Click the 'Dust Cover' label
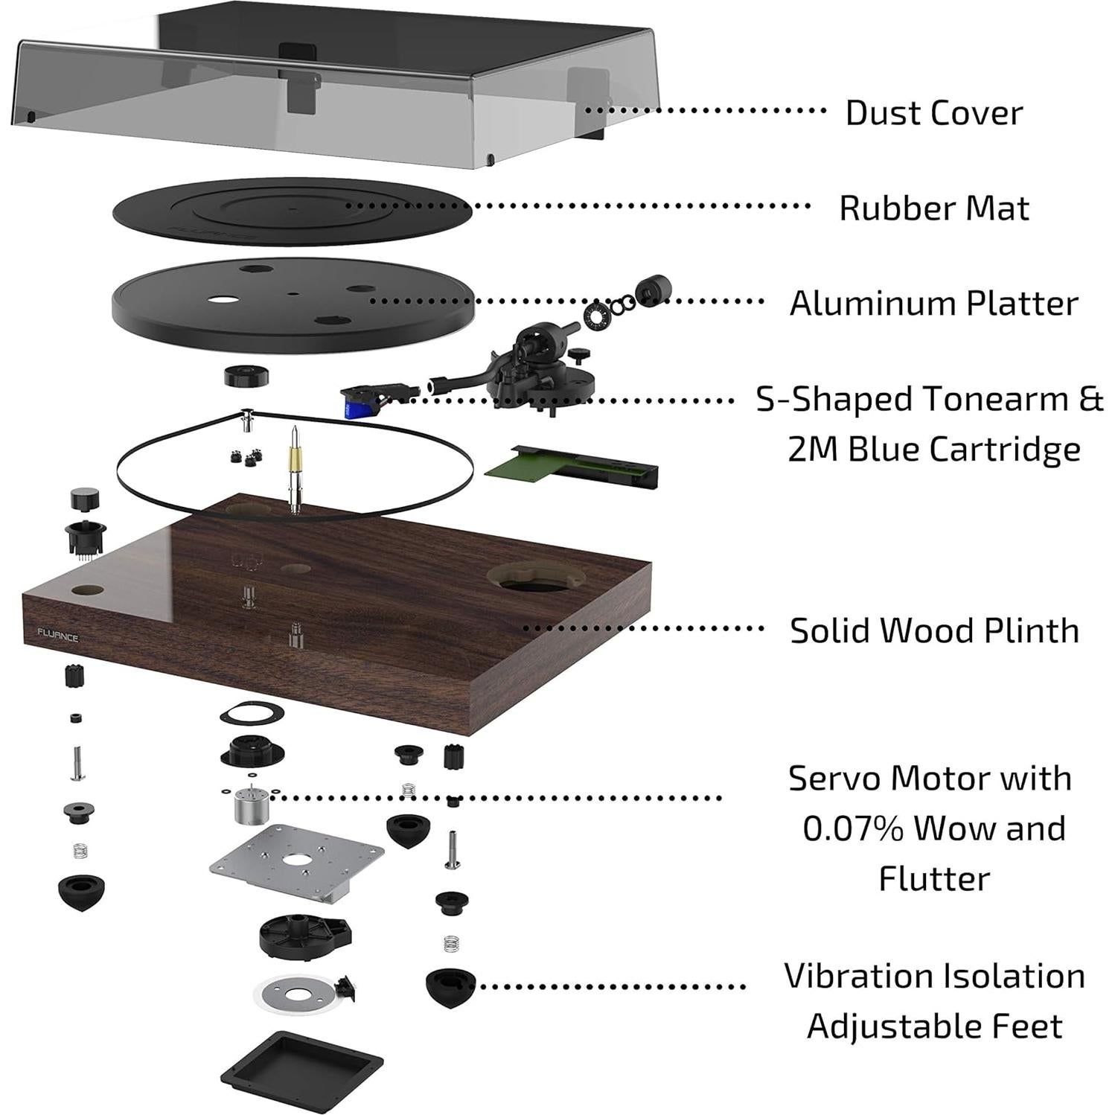933,113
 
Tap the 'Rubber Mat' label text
933,208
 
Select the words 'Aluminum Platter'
933,304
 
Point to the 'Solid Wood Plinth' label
933,631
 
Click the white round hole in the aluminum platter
223,300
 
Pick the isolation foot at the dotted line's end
450,986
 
